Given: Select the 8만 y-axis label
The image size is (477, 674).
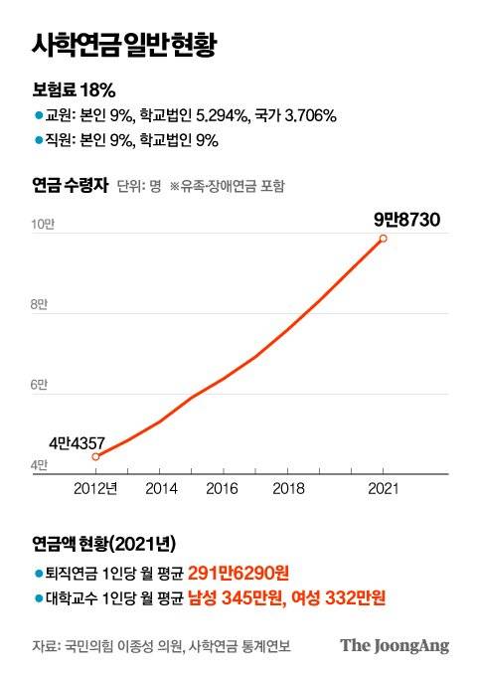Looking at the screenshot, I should (39, 304).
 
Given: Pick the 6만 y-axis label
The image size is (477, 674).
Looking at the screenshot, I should (39, 385).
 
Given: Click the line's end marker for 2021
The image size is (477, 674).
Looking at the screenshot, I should (384, 238).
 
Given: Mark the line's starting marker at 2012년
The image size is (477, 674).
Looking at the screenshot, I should (95, 456).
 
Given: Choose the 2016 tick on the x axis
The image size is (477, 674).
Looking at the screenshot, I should (225, 489).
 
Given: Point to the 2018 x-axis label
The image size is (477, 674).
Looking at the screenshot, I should (288, 489).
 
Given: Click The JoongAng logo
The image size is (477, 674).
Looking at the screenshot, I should (395, 645).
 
